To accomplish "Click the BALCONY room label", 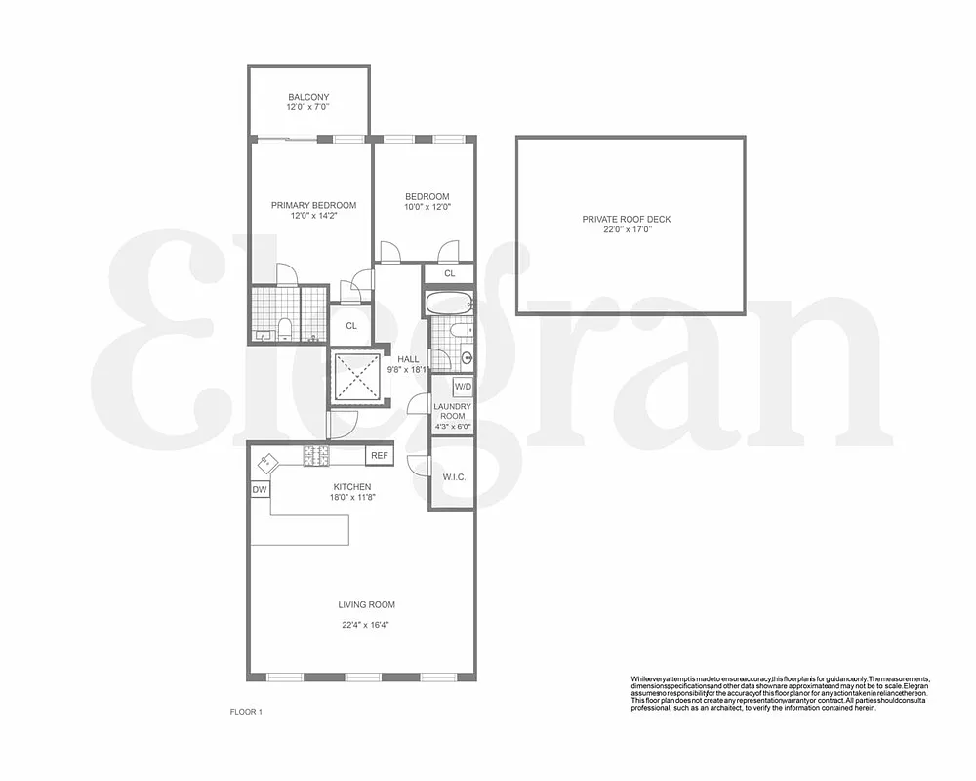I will click(308, 97).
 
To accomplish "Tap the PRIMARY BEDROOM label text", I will click(313, 205).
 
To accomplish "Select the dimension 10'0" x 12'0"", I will click(427, 207).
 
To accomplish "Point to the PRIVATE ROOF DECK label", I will click(627, 219).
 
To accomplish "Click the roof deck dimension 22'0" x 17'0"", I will click(627, 230).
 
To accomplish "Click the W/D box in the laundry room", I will click(463, 387).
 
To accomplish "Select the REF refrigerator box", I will click(378, 455).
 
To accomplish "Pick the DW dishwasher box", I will click(260, 489).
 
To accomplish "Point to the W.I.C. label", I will click(454, 477).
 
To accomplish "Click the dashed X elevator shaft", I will click(353, 375).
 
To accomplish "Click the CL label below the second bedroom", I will click(449, 274).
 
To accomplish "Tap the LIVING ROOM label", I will click(367, 604).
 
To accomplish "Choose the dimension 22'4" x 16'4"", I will click(367, 625).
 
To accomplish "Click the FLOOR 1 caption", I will click(246, 712).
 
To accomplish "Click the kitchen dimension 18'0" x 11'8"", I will click(352, 497).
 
